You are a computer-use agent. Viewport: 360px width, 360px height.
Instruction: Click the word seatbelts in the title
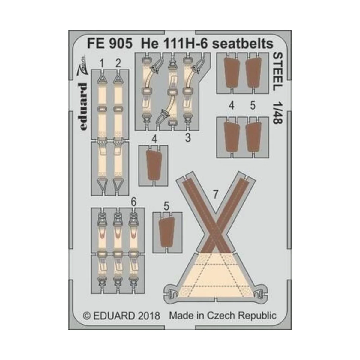point(243,44)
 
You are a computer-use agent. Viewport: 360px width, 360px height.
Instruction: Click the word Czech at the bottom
point(223,316)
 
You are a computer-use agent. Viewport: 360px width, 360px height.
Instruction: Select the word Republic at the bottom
point(258,316)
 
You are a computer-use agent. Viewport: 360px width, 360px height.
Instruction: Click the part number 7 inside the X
point(215,194)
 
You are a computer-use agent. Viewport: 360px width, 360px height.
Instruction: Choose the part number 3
point(188,138)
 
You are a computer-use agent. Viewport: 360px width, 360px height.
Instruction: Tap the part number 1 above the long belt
point(102,64)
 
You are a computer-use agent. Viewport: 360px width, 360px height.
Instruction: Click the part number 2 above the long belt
point(118,64)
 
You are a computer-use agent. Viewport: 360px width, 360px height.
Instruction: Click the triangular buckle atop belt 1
point(102,79)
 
